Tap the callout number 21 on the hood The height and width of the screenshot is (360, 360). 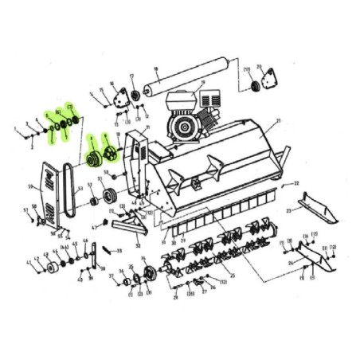coord(280,121)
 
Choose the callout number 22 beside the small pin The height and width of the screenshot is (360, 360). coord(296,183)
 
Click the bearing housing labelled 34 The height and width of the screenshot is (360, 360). coord(147,276)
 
